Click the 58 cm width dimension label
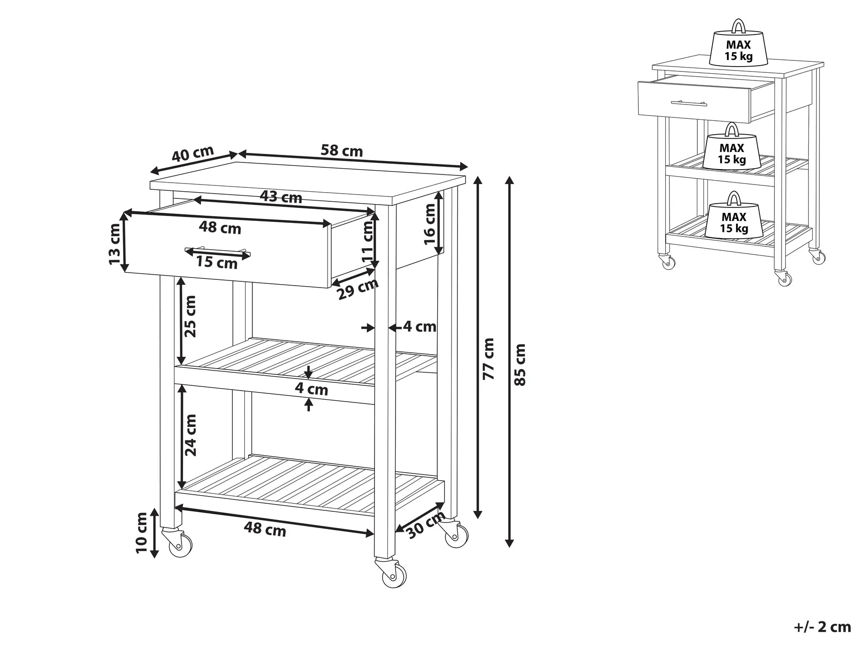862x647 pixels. click(341, 151)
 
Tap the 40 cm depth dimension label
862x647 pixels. click(193, 154)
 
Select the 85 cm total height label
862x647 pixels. click(520, 364)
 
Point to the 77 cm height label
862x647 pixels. click(488, 359)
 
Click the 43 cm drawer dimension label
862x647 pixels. click(281, 197)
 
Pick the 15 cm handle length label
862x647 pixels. click(217, 263)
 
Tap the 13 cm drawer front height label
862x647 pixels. click(115, 244)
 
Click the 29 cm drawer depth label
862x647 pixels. click(358, 289)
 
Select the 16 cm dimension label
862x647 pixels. click(430, 224)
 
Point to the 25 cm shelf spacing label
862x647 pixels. click(190, 316)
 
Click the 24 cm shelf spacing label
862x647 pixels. click(190, 435)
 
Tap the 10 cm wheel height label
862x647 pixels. click(142, 532)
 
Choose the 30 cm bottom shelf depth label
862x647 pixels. click(425, 526)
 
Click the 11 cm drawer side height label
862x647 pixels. click(368, 241)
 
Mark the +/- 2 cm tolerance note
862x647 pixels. click(822, 627)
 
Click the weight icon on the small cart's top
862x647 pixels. click(738, 46)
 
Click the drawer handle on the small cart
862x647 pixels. click(690, 103)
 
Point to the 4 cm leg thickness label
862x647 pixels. click(419, 327)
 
